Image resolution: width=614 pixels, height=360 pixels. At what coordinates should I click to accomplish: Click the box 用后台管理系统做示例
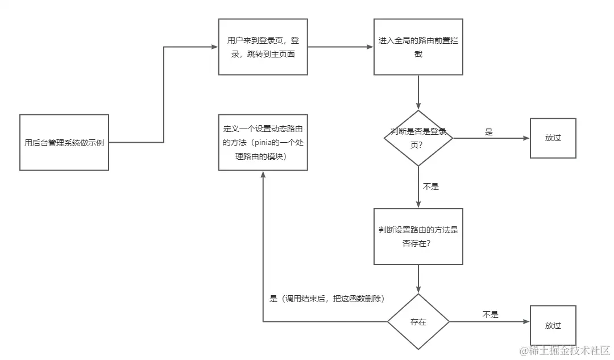click(64, 142)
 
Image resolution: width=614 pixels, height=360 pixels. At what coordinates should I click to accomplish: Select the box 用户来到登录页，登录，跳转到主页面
click(263, 47)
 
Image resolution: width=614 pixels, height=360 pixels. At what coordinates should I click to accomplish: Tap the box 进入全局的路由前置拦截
click(418, 47)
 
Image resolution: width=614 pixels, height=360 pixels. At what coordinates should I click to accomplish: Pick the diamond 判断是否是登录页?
click(418, 138)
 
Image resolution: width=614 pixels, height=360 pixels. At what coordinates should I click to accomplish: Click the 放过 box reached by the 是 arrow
click(553, 138)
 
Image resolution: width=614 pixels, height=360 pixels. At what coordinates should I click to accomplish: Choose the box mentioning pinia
click(263, 142)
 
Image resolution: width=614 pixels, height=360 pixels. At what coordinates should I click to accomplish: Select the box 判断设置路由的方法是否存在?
click(418, 236)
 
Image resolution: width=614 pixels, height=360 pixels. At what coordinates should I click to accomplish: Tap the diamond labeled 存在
click(418, 322)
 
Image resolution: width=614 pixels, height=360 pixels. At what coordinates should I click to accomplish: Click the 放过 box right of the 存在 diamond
click(553, 325)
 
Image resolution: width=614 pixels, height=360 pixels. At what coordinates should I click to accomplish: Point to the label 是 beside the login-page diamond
click(488, 132)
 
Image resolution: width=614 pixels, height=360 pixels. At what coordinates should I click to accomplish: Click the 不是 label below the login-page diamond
click(431, 186)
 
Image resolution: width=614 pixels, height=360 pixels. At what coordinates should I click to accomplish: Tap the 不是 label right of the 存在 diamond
click(490, 314)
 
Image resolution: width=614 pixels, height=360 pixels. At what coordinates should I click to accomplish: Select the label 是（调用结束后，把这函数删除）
click(326, 299)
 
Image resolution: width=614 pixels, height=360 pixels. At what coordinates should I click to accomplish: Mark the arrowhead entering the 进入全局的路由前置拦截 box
click(370, 47)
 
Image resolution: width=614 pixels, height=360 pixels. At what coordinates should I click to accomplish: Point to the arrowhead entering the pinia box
click(263, 175)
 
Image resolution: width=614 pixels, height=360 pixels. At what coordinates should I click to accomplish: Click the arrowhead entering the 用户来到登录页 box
click(215, 47)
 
